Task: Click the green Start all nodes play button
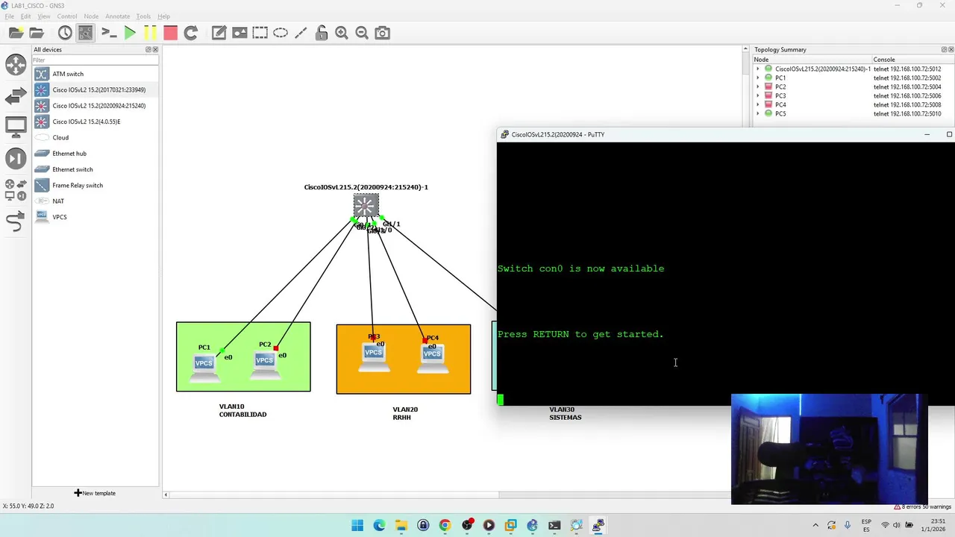point(130,33)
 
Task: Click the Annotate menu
point(117,16)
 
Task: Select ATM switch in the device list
point(68,74)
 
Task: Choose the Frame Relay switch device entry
point(78,185)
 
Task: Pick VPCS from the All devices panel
point(60,217)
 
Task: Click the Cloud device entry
point(60,137)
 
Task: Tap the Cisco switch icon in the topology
point(366,205)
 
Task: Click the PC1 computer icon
point(204,363)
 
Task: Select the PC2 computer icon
point(265,361)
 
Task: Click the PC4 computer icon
point(432,354)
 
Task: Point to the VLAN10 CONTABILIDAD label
point(242,411)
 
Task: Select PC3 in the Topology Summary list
point(780,95)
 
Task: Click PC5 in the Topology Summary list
point(780,113)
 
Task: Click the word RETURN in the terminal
point(551,334)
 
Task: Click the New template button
point(95,493)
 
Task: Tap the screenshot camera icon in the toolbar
point(382,33)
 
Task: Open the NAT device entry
point(58,201)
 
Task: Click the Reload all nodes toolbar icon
point(190,33)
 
